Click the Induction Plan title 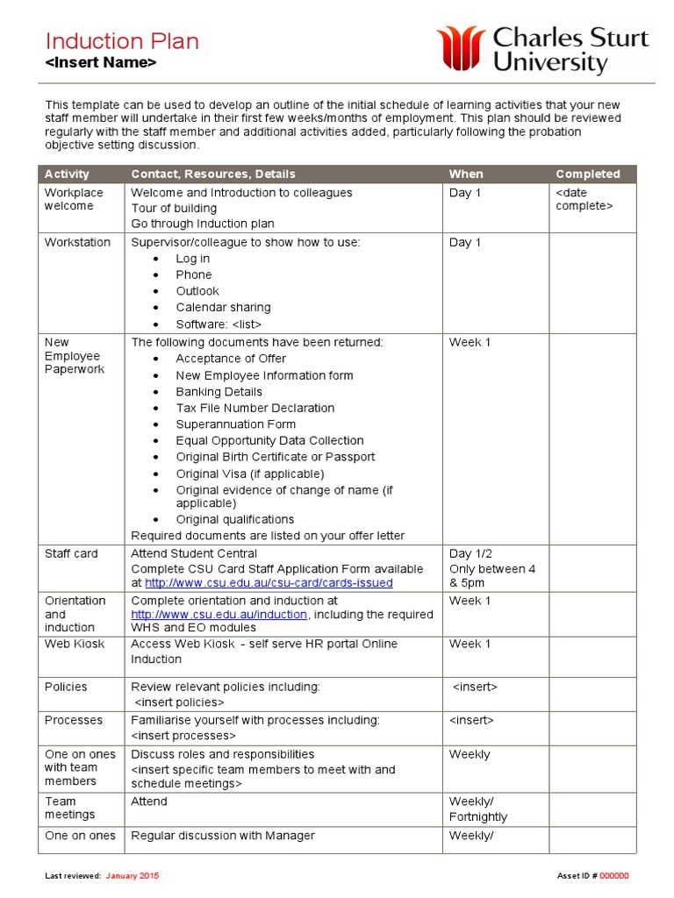122,41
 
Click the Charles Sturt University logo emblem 461,48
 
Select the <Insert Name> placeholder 101,63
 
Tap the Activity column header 67,174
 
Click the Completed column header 588,174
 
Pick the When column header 466,174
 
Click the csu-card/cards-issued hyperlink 269,583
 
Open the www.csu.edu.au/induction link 219,615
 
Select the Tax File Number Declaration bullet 255,408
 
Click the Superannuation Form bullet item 235,424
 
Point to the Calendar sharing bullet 223,307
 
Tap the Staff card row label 71,553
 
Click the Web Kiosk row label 74,644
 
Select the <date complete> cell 584,199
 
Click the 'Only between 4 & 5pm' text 491,576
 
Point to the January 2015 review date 133,876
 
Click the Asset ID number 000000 613,876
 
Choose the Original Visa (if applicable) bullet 249,474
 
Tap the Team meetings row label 70,808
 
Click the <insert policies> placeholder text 179,702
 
